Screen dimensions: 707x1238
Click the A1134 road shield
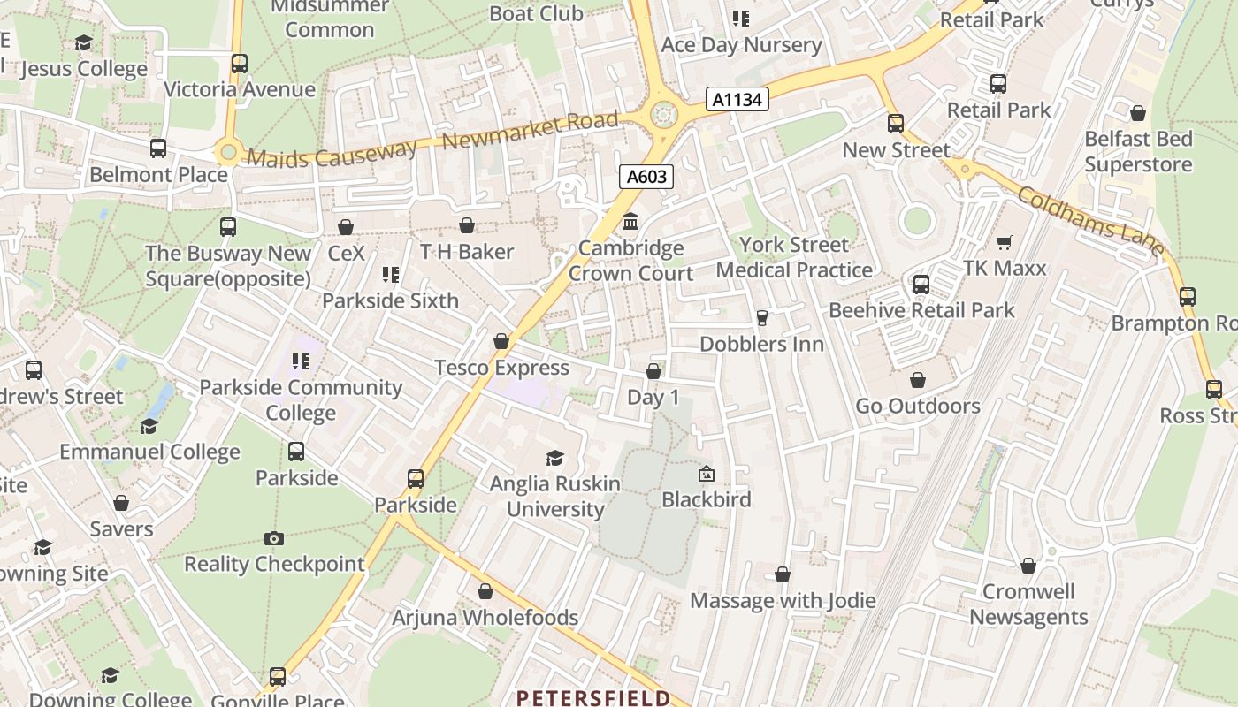pos(737,99)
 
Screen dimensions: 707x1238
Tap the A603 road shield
pos(646,177)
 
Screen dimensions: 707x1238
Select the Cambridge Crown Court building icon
pos(630,221)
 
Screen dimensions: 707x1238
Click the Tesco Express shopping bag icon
pos(501,341)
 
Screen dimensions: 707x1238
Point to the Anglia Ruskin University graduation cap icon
pos(554,458)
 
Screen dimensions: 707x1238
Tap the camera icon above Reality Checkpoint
pos(274,538)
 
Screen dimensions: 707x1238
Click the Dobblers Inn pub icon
pos(761,318)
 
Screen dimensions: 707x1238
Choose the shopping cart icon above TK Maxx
pos(1004,242)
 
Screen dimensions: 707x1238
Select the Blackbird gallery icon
pos(706,475)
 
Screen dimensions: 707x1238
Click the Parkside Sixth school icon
pos(390,275)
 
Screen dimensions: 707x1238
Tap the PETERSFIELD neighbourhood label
pos(592,698)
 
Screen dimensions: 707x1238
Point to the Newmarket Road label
pos(530,131)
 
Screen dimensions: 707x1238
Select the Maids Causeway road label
pos(332,156)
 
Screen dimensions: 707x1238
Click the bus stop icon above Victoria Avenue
pos(239,64)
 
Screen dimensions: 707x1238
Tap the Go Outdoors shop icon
pos(918,380)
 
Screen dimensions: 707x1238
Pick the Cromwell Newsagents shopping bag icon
pos(1028,566)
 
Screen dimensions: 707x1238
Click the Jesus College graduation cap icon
pos(83,42)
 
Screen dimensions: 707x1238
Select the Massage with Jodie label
pos(783,601)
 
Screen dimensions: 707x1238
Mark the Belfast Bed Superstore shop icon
pos(1138,113)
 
